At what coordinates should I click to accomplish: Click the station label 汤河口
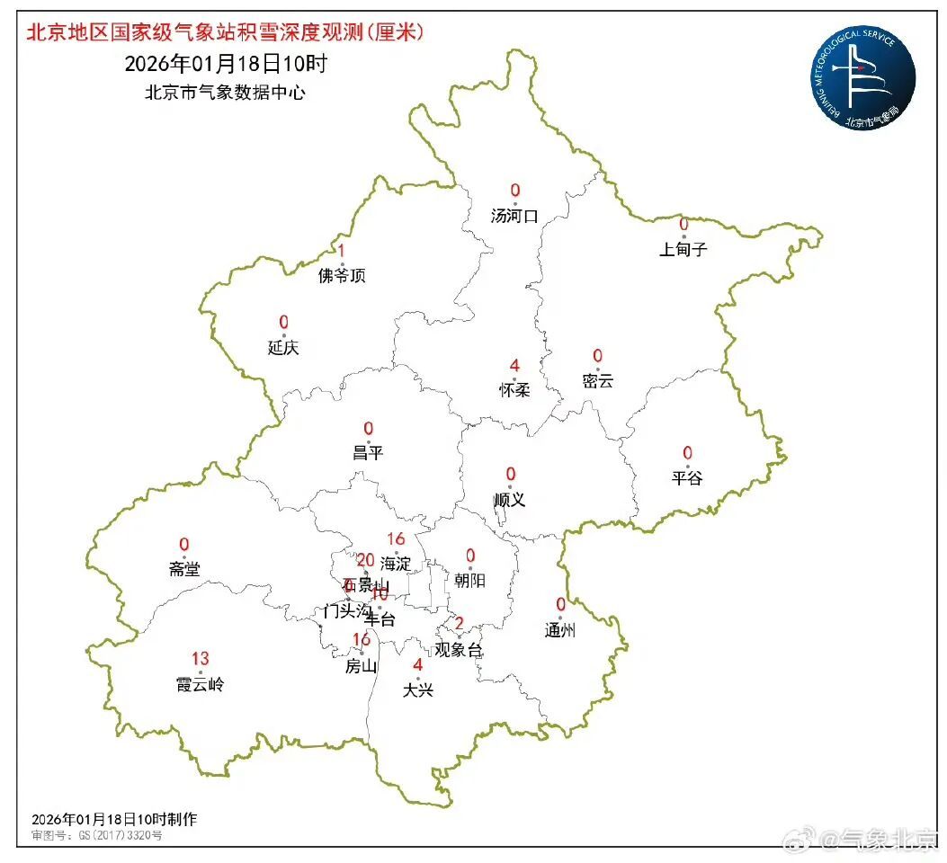514,216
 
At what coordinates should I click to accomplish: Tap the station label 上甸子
683,250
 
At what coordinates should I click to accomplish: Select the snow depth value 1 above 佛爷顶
342,251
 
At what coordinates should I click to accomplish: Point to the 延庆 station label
283,348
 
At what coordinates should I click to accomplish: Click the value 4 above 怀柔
514,365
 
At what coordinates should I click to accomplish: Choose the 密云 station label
597,380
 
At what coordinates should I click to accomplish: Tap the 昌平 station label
368,453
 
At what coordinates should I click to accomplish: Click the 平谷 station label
687,478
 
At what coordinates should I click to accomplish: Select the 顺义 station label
510,500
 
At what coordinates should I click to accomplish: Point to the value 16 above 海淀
396,539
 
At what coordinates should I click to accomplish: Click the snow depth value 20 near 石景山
366,560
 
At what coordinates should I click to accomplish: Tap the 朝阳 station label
469,581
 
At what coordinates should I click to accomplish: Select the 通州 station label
559,630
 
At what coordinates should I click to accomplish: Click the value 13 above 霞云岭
200,659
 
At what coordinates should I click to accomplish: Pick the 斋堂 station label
184,569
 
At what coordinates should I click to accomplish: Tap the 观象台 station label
459,650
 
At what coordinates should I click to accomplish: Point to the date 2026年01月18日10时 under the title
225,64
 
